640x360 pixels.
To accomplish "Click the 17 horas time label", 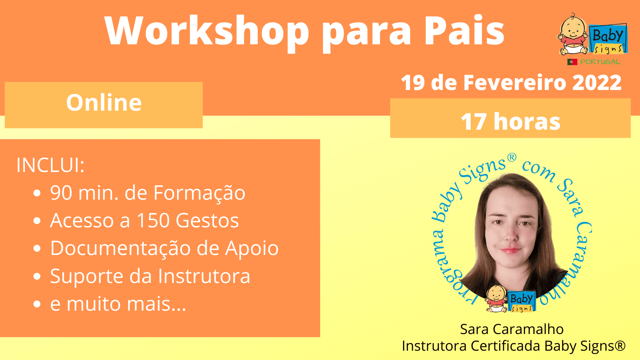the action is click(510, 121).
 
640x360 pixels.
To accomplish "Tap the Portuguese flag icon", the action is click(572, 62).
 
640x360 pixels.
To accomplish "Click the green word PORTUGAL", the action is click(600, 62).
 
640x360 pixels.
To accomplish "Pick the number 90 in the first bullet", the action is click(61, 193).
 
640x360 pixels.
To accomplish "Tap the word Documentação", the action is click(121, 249).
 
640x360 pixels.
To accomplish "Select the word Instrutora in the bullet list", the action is click(204, 276).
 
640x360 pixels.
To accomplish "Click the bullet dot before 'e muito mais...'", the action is click(37, 304).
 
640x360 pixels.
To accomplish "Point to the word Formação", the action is click(199, 193).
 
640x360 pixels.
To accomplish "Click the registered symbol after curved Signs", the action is click(512, 157).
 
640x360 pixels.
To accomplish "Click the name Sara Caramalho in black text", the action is click(512, 329).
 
